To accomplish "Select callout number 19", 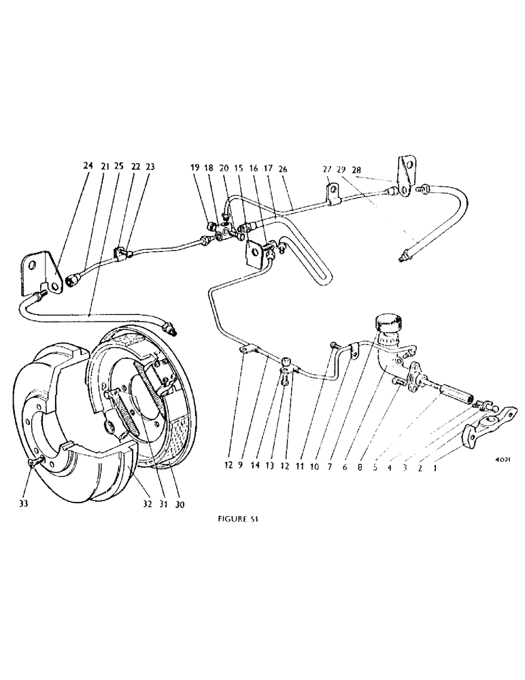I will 194,167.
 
